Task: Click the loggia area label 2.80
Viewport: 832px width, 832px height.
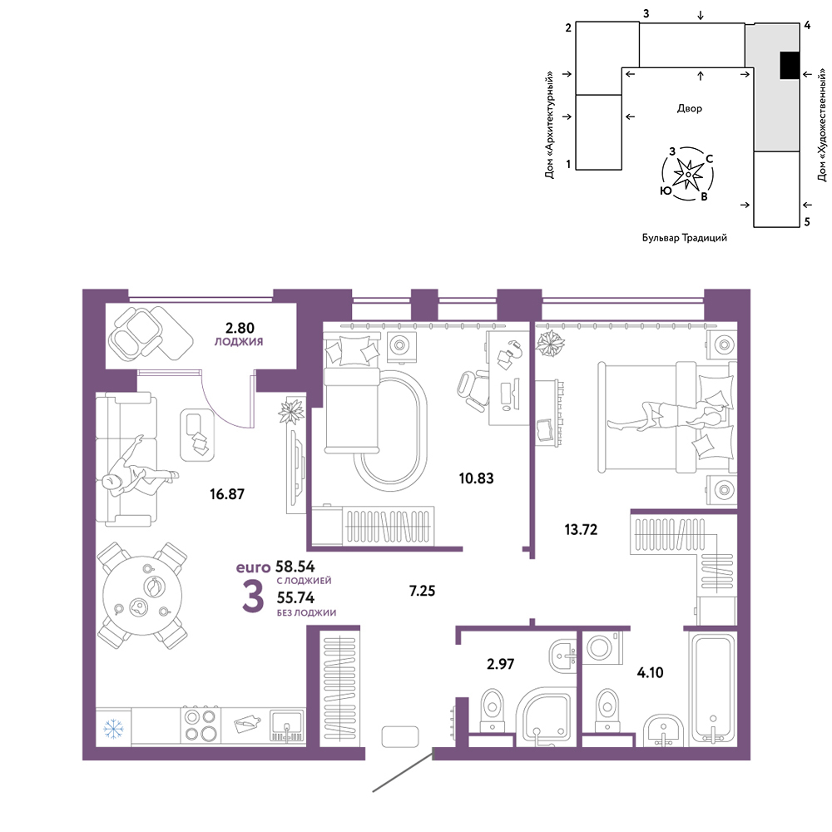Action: point(240,327)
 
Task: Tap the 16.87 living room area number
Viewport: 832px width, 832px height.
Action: point(227,494)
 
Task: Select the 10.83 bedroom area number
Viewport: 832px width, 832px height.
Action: point(476,478)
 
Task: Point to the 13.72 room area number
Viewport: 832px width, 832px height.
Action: point(581,529)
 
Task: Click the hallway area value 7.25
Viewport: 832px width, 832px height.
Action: point(423,591)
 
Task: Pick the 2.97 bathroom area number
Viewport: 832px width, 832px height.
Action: point(500,664)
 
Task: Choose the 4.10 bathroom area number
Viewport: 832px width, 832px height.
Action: point(650,672)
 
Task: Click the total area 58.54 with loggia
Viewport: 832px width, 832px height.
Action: point(295,566)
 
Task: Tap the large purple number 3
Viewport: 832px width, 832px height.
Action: point(253,597)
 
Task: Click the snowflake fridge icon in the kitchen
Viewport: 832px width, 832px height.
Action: point(113,729)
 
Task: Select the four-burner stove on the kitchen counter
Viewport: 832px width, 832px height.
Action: point(201,725)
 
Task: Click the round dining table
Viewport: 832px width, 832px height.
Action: point(142,596)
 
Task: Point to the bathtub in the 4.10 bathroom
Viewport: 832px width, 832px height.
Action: point(713,689)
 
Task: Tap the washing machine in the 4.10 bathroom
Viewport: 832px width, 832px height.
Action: point(602,647)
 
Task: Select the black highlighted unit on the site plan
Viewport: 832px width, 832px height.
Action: point(789,65)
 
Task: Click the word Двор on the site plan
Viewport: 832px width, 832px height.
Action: point(689,108)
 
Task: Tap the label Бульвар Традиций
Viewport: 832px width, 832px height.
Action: point(685,238)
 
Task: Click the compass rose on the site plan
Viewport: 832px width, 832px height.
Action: point(688,174)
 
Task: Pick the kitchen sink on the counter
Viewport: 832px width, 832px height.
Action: point(286,726)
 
